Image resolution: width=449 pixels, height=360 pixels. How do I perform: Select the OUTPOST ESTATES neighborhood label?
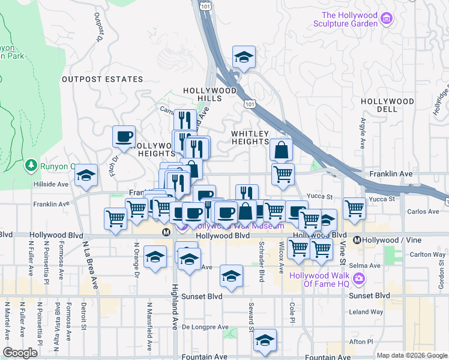tap(103, 79)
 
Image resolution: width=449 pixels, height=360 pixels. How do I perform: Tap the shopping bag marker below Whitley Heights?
tap(281, 150)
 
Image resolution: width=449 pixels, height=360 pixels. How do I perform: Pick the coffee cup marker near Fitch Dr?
tap(124, 137)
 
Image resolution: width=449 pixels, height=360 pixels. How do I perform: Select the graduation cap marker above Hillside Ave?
tap(86, 175)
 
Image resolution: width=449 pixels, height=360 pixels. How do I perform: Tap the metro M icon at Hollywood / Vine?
tap(357, 240)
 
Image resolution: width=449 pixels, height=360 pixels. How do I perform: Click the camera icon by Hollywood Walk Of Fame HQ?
tap(359, 278)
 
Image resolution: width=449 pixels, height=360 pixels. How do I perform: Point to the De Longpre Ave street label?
tap(205, 328)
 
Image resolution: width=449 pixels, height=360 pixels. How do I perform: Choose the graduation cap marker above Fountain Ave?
tap(264, 340)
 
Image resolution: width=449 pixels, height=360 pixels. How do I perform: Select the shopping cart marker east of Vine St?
tap(355, 209)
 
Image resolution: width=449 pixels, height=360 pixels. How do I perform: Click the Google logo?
tap(20, 352)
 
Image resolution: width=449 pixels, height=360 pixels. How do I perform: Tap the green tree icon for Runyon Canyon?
tap(31, 165)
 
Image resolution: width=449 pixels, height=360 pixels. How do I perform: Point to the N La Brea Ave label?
tap(91, 265)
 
